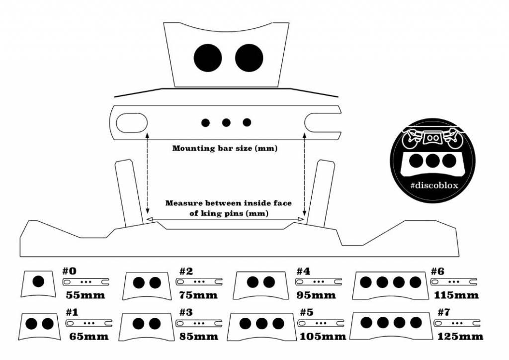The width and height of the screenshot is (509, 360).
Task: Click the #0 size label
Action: point(70,271)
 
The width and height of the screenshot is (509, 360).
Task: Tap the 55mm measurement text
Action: point(85,295)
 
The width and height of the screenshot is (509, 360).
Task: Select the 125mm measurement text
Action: point(460,336)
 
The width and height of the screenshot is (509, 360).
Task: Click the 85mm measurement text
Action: point(198,336)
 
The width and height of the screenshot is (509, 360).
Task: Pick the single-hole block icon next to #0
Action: point(38,283)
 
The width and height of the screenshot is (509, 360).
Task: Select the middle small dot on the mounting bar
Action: point(226,122)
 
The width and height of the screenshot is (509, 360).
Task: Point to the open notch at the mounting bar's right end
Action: point(323,123)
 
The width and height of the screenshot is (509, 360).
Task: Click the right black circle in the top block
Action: point(249,58)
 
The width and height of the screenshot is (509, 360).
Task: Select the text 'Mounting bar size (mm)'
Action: point(224,148)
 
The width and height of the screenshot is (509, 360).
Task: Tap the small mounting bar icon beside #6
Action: point(453,282)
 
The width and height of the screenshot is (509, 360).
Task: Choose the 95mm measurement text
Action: point(316,295)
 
